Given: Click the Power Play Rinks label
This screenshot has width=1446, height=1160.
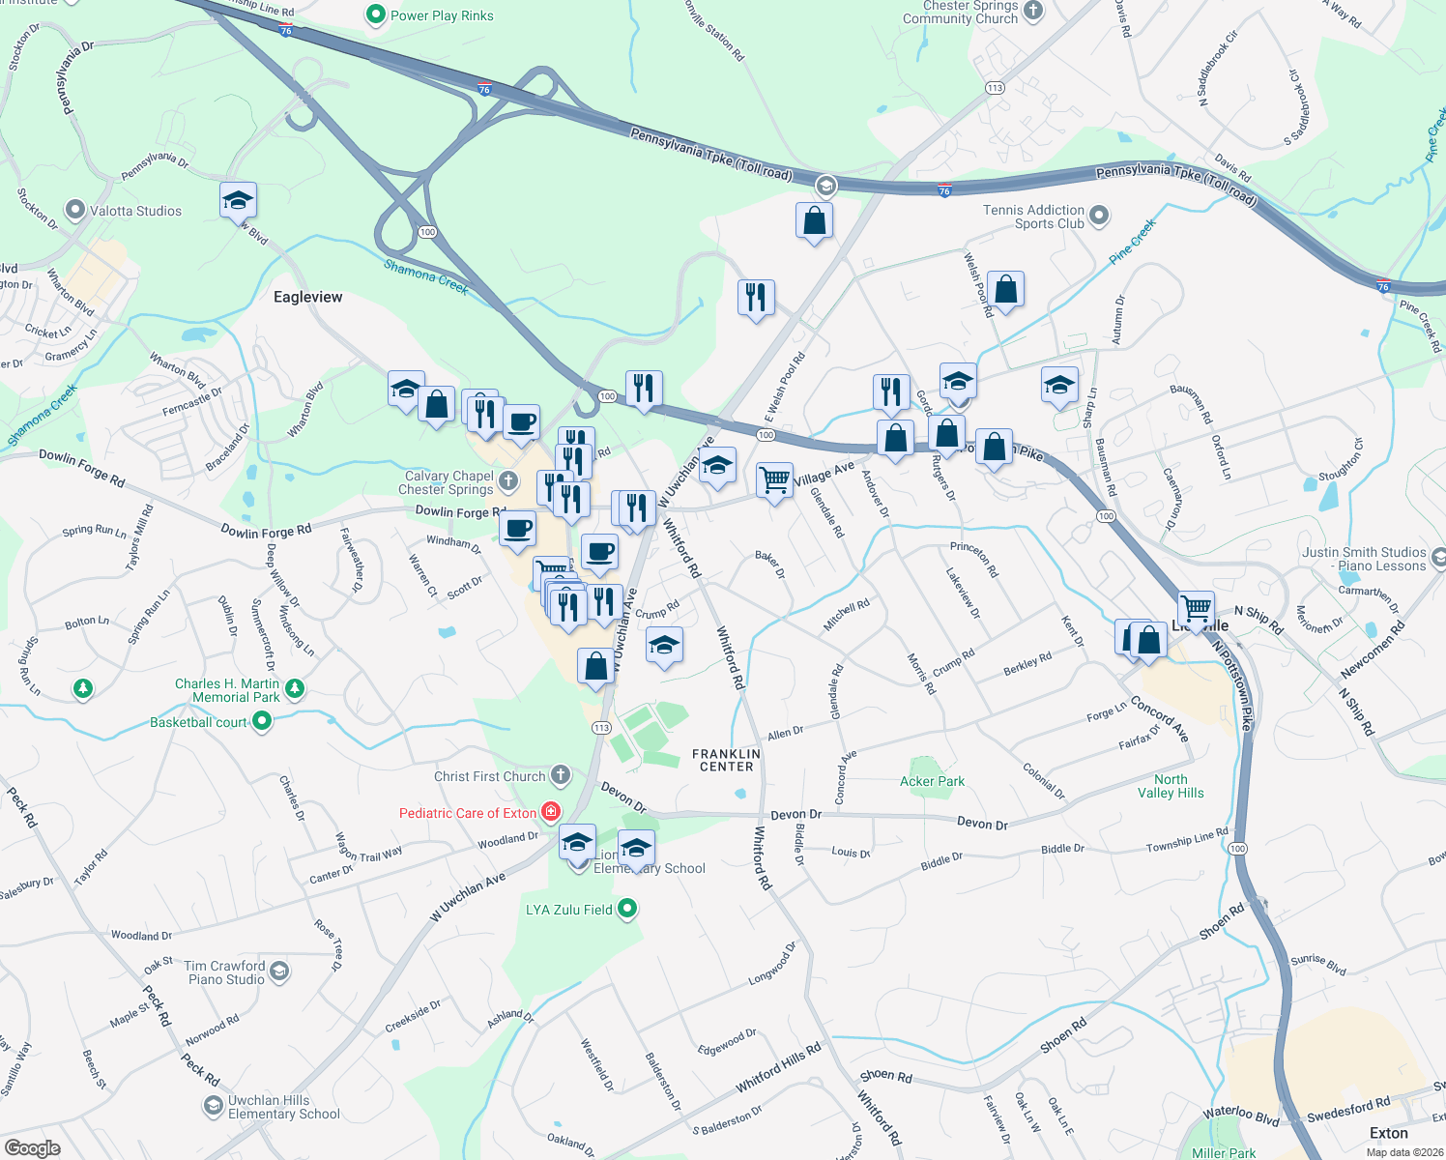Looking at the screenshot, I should coord(442,15).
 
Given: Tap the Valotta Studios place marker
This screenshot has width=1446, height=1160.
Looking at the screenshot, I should coord(75,210).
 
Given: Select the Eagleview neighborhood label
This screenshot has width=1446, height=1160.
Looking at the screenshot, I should coord(307,297).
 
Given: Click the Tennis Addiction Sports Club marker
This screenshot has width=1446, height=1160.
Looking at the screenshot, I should coord(1098,217).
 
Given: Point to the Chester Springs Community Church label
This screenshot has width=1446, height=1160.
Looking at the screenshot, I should coord(960,13).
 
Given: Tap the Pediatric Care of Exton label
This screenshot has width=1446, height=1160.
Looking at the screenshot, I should coord(467,813).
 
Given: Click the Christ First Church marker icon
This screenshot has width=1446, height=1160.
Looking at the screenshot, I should coord(561,775).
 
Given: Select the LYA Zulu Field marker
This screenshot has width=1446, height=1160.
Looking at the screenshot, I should coord(627,909).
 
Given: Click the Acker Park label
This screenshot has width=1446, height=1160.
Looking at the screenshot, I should coord(932,781).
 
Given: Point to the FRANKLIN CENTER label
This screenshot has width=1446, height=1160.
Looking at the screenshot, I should coord(726,760).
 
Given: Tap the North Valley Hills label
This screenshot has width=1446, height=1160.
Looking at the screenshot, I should coord(1171,786).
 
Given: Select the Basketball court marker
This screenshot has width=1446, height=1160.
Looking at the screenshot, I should coord(261,721).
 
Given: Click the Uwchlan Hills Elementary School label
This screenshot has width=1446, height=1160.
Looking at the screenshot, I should coord(283,1107).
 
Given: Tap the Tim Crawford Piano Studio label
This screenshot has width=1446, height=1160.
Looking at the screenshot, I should coord(225,972).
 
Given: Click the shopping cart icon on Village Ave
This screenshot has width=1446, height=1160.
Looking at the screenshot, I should coord(775,479).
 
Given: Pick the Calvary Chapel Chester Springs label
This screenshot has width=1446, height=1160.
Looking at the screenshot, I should coord(448,482).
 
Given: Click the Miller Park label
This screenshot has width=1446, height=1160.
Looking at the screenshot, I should coord(1223,1152).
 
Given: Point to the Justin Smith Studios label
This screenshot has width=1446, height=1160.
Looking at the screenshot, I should coord(1363,559).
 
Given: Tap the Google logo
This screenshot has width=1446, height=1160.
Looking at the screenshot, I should coord(32,1147).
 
